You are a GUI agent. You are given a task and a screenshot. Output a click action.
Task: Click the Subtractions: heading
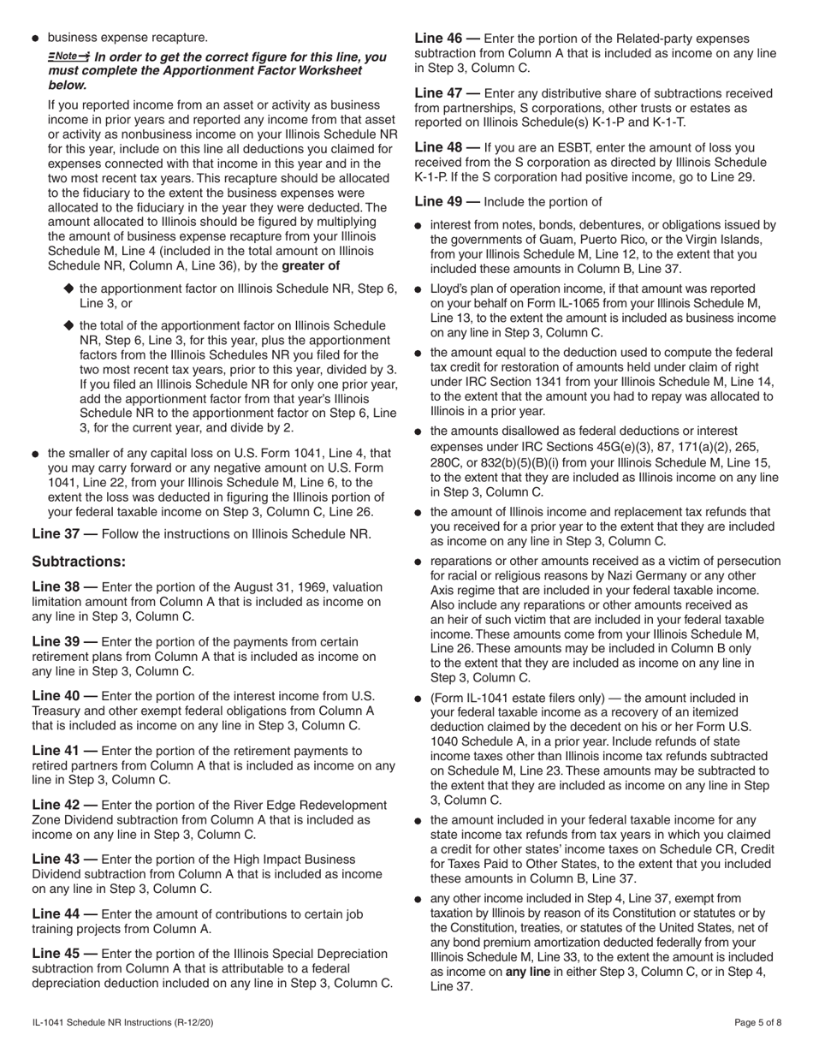pos(79,562)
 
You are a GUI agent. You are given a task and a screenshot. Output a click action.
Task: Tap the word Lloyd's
pos(451,289)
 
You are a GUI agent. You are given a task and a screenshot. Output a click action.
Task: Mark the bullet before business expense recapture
pos(35,39)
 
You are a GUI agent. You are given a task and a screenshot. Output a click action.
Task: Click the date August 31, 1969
pos(279,586)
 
